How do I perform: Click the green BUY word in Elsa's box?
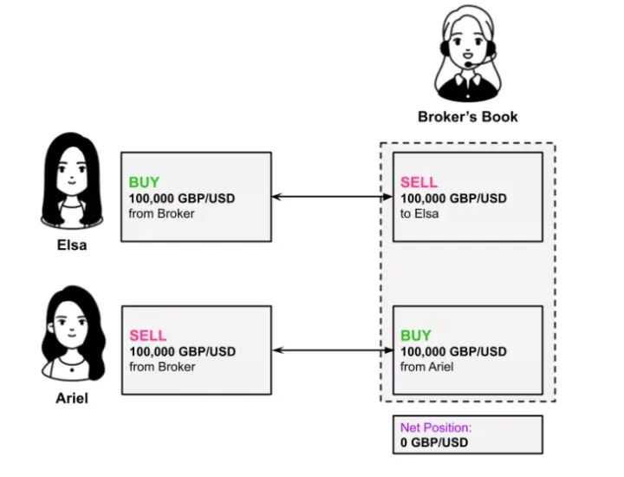pos(144,183)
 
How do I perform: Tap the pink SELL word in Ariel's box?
pos(147,336)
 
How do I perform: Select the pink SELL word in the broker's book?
pos(419,183)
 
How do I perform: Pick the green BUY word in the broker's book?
pos(415,336)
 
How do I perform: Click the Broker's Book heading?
pos(467,116)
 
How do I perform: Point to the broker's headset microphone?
pos(468,62)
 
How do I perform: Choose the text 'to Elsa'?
pos(419,213)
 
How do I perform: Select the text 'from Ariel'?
pos(427,366)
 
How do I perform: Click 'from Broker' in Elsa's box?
pos(161,213)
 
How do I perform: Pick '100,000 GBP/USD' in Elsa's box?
pos(181,199)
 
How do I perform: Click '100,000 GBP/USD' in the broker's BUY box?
pos(453,351)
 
